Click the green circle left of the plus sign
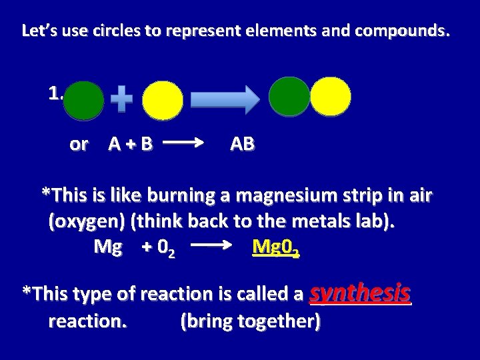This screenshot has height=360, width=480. click(x=85, y=101)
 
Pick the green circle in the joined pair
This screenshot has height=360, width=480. click(x=289, y=97)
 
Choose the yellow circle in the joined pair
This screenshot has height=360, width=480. click(x=331, y=97)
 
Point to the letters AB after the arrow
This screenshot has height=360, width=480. click(x=241, y=144)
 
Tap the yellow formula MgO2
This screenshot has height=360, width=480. click(x=275, y=248)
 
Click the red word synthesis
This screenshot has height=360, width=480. click(x=361, y=293)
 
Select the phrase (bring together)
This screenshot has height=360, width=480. click(x=251, y=321)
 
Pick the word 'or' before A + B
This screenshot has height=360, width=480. click(x=78, y=144)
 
